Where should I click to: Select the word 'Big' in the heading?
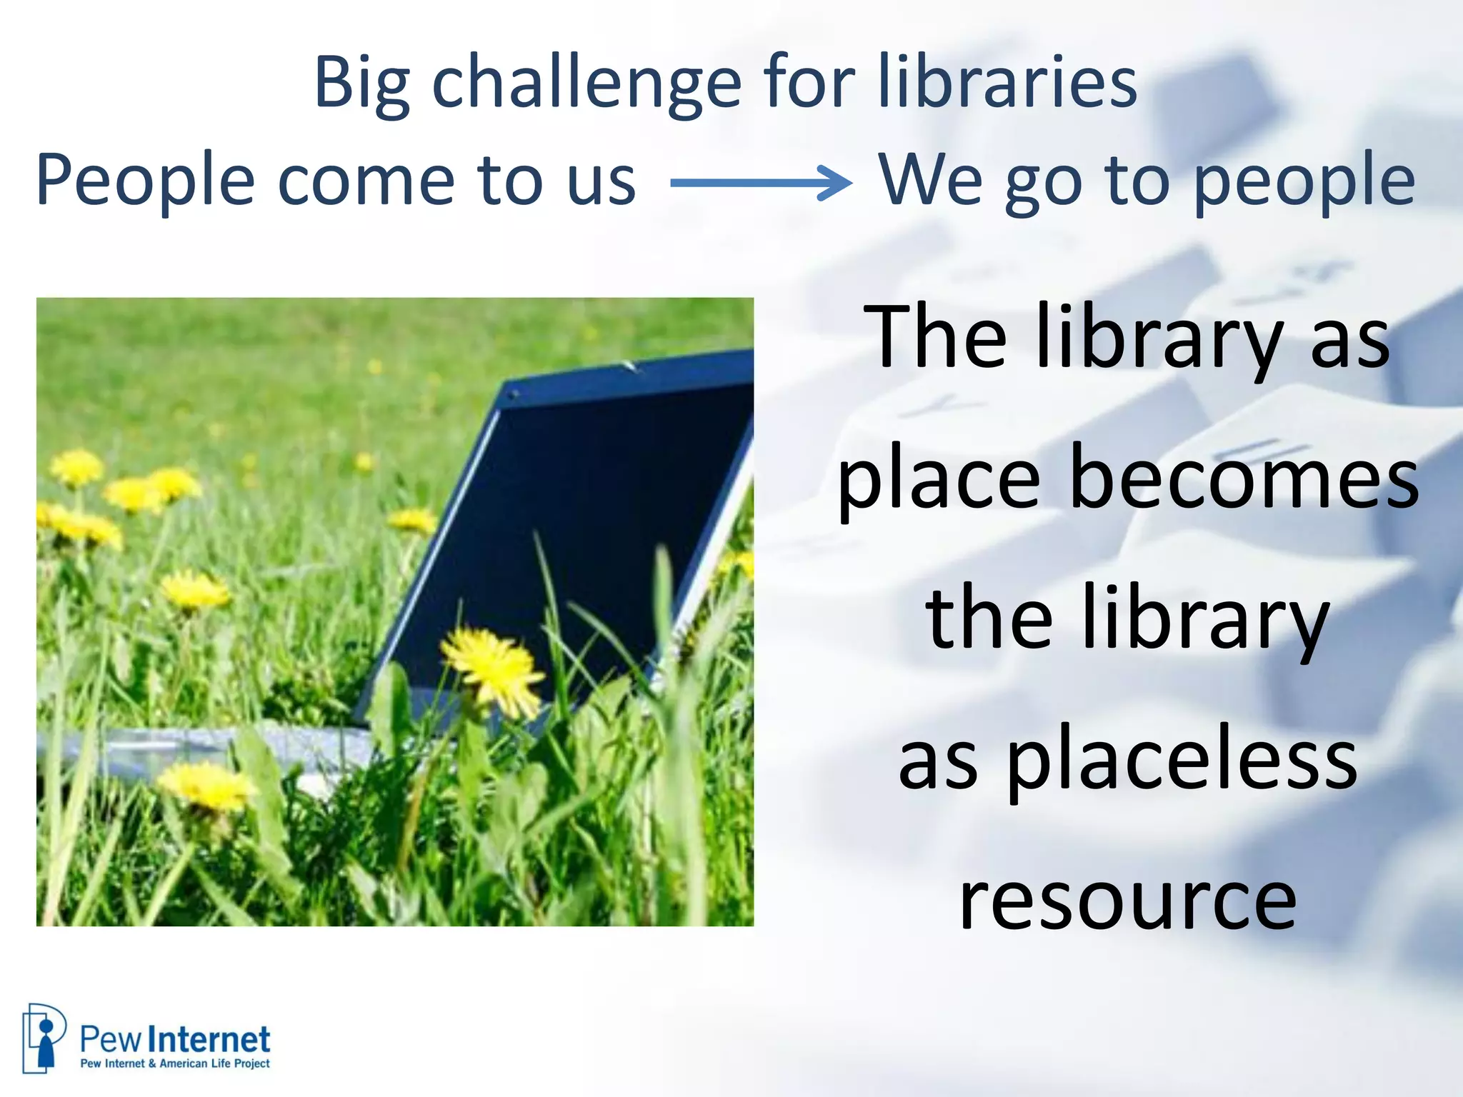click(x=361, y=84)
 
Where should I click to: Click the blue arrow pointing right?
click(x=761, y=183)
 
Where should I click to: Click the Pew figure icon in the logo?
click(x=44, y=1038)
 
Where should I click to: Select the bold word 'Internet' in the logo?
click(x=212, y=1040)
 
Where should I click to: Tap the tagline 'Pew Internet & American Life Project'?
click(x=175, y=1063)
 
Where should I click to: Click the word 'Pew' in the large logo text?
click(x=111, y=1040)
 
